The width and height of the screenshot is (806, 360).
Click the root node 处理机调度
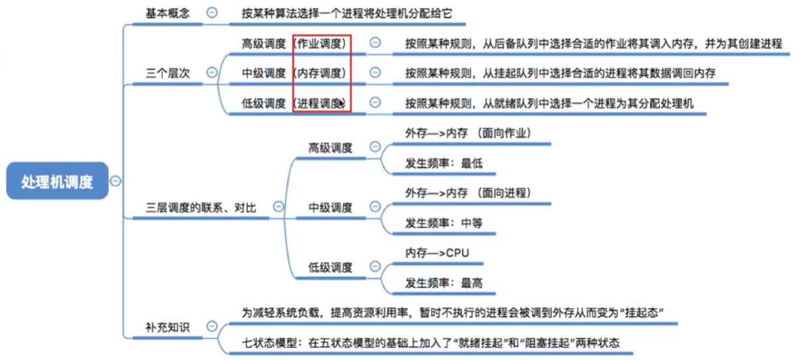click(57, 181)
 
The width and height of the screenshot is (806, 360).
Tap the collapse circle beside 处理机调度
click(115, 181)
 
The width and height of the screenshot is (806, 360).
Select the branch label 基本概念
click(167, 13)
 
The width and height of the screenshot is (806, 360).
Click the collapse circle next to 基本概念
click(212, 13)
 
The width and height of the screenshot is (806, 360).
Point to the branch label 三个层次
click(167, 73)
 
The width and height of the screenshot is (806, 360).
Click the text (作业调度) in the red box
click(320, 44)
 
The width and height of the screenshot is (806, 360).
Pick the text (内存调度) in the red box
click(320, 73)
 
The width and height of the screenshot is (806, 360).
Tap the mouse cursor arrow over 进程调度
click(341, 103)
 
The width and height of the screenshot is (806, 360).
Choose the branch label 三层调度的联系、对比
click(201, 208)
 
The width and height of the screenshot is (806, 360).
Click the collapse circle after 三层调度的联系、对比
click(278, 207)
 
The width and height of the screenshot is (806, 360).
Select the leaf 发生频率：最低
click(443, 164)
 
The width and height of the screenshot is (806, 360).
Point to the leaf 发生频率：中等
click(443, 223)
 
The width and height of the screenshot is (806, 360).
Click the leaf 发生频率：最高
click(443, 283)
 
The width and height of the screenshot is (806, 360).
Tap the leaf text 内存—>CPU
click(437, 253)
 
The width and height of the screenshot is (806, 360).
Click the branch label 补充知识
click(167, 328)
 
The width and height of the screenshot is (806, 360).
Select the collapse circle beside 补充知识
click(212, 326)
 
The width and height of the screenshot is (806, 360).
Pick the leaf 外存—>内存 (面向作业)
click(468, 133)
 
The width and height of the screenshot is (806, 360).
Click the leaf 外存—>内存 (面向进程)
click(468, 193)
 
